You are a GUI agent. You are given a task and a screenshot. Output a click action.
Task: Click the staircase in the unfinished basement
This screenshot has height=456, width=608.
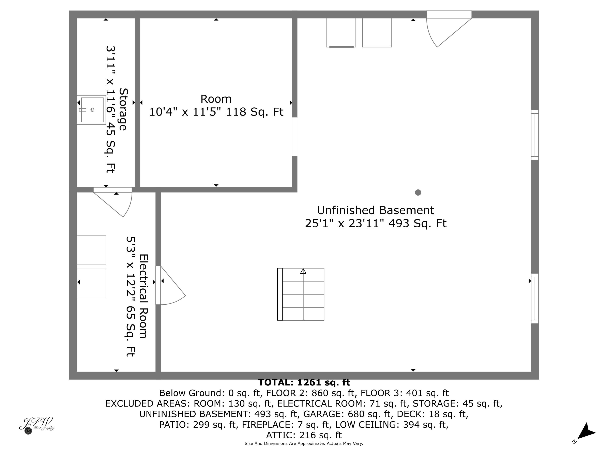[301, 294]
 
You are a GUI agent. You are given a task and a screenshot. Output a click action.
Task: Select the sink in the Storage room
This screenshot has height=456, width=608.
[92, 110]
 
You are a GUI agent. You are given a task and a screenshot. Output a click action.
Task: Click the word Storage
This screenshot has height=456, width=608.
[123, 109]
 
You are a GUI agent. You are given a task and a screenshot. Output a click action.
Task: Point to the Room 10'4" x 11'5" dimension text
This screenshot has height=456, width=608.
[216, 112]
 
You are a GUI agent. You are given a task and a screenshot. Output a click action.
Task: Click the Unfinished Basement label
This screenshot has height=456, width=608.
[376, 211]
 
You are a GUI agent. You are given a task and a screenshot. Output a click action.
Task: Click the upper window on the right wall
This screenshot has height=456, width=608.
[535, 135]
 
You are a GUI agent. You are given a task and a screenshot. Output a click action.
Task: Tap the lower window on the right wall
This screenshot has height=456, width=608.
[535, 299]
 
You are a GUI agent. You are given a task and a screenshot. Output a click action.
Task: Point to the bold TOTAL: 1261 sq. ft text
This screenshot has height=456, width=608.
[304, 383]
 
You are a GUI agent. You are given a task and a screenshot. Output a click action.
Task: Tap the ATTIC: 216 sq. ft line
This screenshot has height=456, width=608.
[304, 435]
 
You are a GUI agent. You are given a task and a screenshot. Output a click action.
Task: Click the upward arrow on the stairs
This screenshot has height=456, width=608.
[303, 271]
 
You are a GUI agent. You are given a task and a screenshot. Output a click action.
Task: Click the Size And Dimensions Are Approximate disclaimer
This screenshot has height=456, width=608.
[304, 443]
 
